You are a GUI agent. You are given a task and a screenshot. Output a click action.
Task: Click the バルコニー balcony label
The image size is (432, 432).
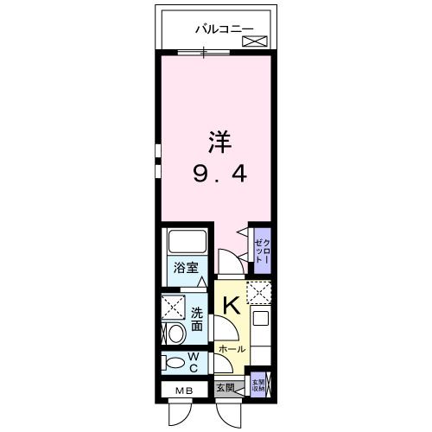[224, 29]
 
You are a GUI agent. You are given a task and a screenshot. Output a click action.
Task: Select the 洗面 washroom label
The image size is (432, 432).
[198, 320]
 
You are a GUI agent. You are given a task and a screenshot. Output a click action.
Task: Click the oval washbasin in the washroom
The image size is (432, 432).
[175, 333]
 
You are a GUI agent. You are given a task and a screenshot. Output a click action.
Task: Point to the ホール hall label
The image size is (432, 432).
[231, 350]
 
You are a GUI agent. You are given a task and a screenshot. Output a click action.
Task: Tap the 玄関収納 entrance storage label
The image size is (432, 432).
[258, 384]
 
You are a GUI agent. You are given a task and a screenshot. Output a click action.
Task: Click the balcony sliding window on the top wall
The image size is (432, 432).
[204, 52]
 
